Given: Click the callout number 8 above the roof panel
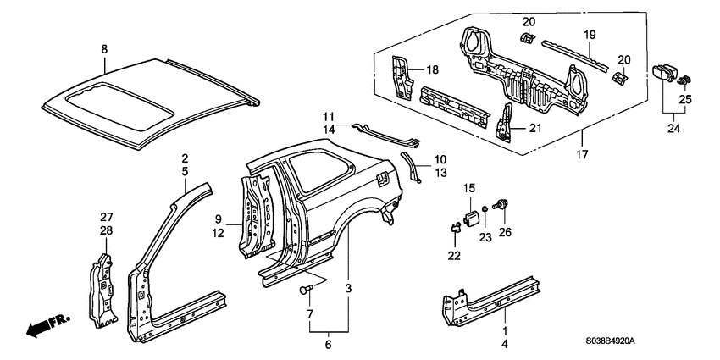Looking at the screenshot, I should tap(104, 49).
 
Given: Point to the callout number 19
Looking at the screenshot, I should tap(590, 35).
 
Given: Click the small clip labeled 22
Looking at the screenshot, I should tap(455, 225).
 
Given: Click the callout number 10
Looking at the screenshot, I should tap(439, 159).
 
